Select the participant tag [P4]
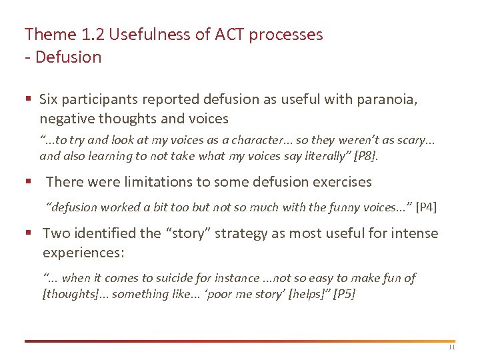426,207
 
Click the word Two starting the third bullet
55,234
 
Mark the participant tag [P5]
343,294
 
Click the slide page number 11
451,347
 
